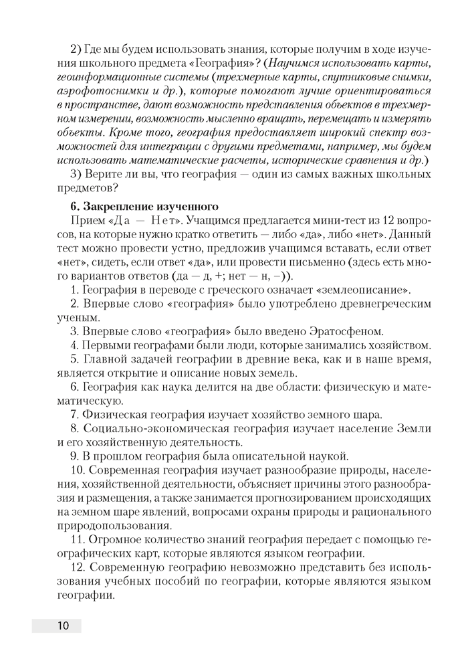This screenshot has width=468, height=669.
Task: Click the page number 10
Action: pyautogui.click(x=63, y=626)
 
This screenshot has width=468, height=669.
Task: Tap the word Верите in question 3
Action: pyautogui.click(x=102, y=175)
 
